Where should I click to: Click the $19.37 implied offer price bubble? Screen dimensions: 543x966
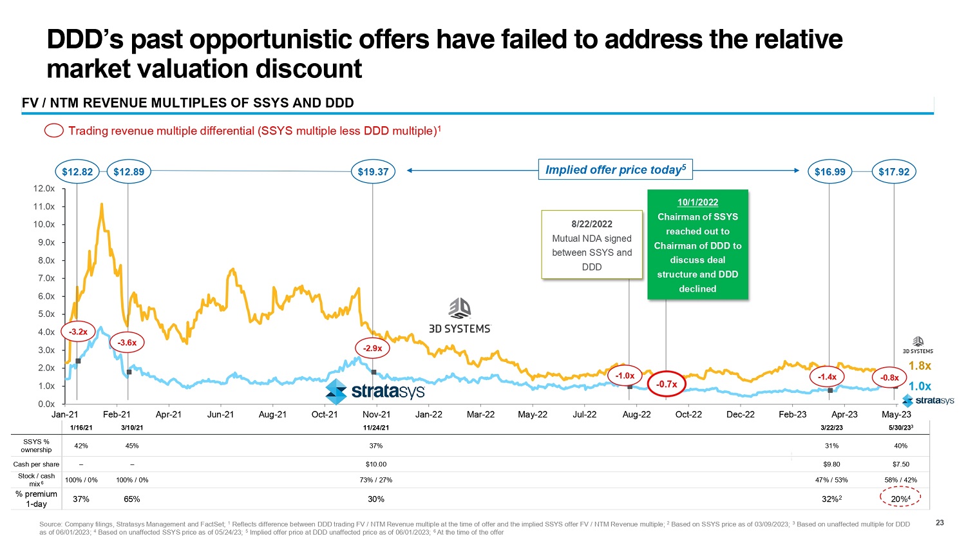click(x=373, y=172)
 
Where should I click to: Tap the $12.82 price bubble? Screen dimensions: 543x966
click(x=77, y=172)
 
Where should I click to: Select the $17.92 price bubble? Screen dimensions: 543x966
click(x=894, y=172)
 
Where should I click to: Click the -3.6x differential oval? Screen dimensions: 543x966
click(x=127, y=343)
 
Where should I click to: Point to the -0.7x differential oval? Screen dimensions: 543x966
click(x=667, y=384)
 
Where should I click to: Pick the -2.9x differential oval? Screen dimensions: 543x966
click(x=372, y=348)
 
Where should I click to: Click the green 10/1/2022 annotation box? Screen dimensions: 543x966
click(x=697, y=245)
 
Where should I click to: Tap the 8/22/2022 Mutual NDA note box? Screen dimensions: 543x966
click(x=592, y=245)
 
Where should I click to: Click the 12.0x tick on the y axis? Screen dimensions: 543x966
click(x=44, y=189)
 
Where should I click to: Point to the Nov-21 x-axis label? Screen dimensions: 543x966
click(x=376, y=415)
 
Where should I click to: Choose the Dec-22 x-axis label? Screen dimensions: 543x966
click(x=741, y=415)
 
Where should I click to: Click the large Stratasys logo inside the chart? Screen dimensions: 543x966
click(x=375, y=391)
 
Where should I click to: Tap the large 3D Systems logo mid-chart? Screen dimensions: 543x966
click(x=459, y=316)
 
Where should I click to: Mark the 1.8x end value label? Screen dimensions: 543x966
click(x=920, y=366)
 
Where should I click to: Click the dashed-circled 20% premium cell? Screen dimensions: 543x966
click(x=900, y=499)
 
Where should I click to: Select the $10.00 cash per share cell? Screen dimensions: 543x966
click(x=376, y=464)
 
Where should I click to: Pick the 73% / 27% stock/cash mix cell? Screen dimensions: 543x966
click(x=376, y=480)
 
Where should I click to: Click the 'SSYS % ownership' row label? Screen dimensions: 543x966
click(x=36, y=446)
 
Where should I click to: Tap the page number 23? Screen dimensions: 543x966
click(x=940, y=523)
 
